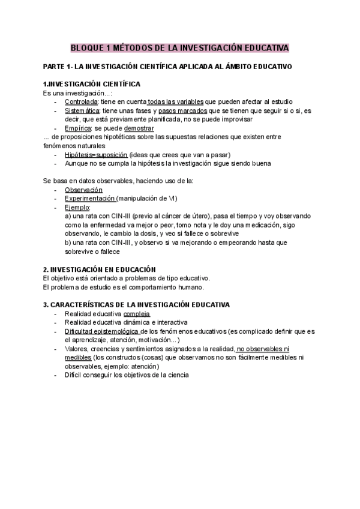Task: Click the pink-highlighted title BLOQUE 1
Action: click(x=180, y=47)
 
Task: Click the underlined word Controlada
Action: click(x=82, y=103)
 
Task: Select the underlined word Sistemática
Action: click(x=83, y=111)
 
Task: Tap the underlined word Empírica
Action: click(x=79, y=128)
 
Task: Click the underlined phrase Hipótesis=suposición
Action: click(x=97, y=154)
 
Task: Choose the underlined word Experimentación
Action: click(x=90, y=198)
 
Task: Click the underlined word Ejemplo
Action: click(x=77, y=207)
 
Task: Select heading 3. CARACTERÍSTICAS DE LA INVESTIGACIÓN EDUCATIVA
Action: click(x=136, y=304)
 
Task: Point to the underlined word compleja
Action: click(x=137, y=314)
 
